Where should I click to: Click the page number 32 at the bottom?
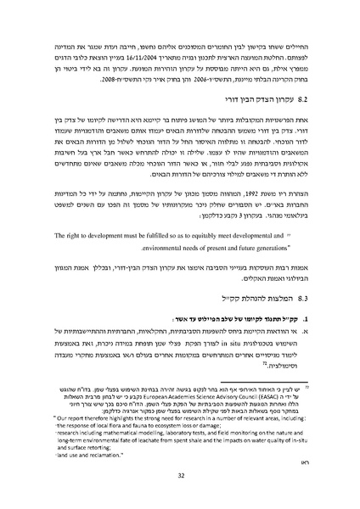tap(180, 477)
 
